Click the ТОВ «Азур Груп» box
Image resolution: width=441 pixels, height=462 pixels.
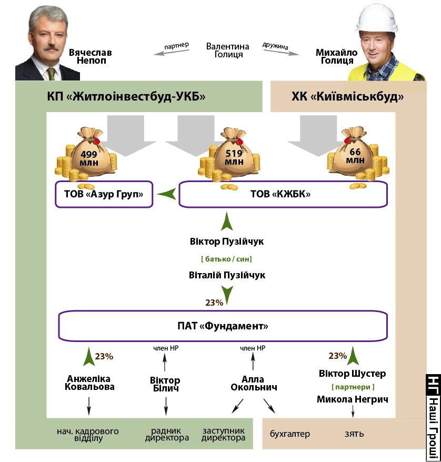[x=104, y=194]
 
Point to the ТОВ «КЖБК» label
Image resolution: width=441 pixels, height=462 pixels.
[x=280, y=194]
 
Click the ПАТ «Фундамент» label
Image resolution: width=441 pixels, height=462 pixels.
[x=223, y=326]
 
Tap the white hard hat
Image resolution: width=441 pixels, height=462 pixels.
[x=377, y=18]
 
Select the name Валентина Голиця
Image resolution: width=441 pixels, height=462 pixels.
[x=227, y=51]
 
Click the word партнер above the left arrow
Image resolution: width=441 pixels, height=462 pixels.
[x=176, y=46]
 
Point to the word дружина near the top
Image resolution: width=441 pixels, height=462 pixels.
[x=275, y=46]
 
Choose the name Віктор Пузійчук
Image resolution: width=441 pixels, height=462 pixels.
[x=226, y=242]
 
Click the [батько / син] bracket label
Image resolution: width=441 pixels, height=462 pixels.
[x=226, y=259]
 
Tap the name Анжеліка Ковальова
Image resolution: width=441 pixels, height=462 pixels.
[x=89, y=383]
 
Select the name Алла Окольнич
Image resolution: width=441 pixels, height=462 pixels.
[x=254, y=383]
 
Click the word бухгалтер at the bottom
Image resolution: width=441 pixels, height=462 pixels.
[x=290, y=434]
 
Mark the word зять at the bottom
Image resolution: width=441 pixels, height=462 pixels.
[x=354, y=434]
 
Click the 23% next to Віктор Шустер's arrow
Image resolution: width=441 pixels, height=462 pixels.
[x=338, y=356]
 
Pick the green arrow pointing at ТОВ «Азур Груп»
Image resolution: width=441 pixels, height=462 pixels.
[x=167, y=194]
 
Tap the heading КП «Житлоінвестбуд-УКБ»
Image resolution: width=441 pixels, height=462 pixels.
[x=126, y=96]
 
